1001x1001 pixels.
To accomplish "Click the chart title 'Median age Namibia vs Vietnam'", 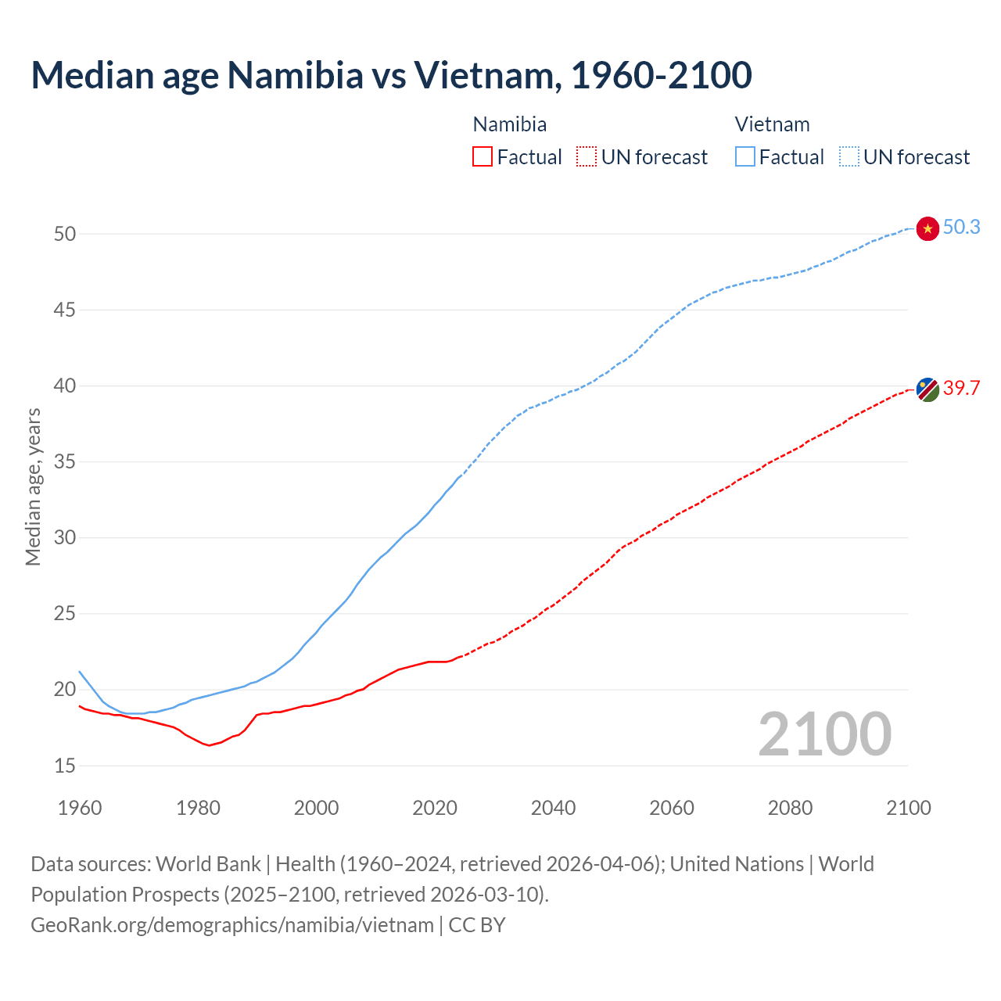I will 391,75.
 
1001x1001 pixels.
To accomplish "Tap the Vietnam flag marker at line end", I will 927,228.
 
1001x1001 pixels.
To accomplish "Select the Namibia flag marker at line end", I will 927,389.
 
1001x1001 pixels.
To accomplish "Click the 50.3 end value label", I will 961,228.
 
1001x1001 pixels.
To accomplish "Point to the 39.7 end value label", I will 961,388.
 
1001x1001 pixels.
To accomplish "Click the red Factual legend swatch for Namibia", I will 483,157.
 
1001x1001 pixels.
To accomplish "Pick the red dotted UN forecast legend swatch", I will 587,157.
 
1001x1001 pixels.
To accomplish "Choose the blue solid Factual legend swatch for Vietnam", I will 745,157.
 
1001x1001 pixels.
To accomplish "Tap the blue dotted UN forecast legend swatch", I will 849,157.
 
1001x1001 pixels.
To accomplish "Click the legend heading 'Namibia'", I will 510,124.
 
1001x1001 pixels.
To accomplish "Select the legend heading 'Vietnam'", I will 772,124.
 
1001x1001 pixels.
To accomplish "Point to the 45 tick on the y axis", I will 65,310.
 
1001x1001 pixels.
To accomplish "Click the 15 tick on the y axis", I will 65,766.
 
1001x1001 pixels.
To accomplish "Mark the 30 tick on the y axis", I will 65,538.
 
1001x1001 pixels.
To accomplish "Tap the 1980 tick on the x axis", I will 198,808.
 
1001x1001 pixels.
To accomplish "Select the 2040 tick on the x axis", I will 553,808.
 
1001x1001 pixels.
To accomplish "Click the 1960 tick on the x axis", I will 80,808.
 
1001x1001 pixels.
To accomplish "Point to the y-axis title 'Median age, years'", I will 33,486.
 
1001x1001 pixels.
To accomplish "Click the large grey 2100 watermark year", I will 824,734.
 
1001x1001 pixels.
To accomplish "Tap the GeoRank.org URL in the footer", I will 232,925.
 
